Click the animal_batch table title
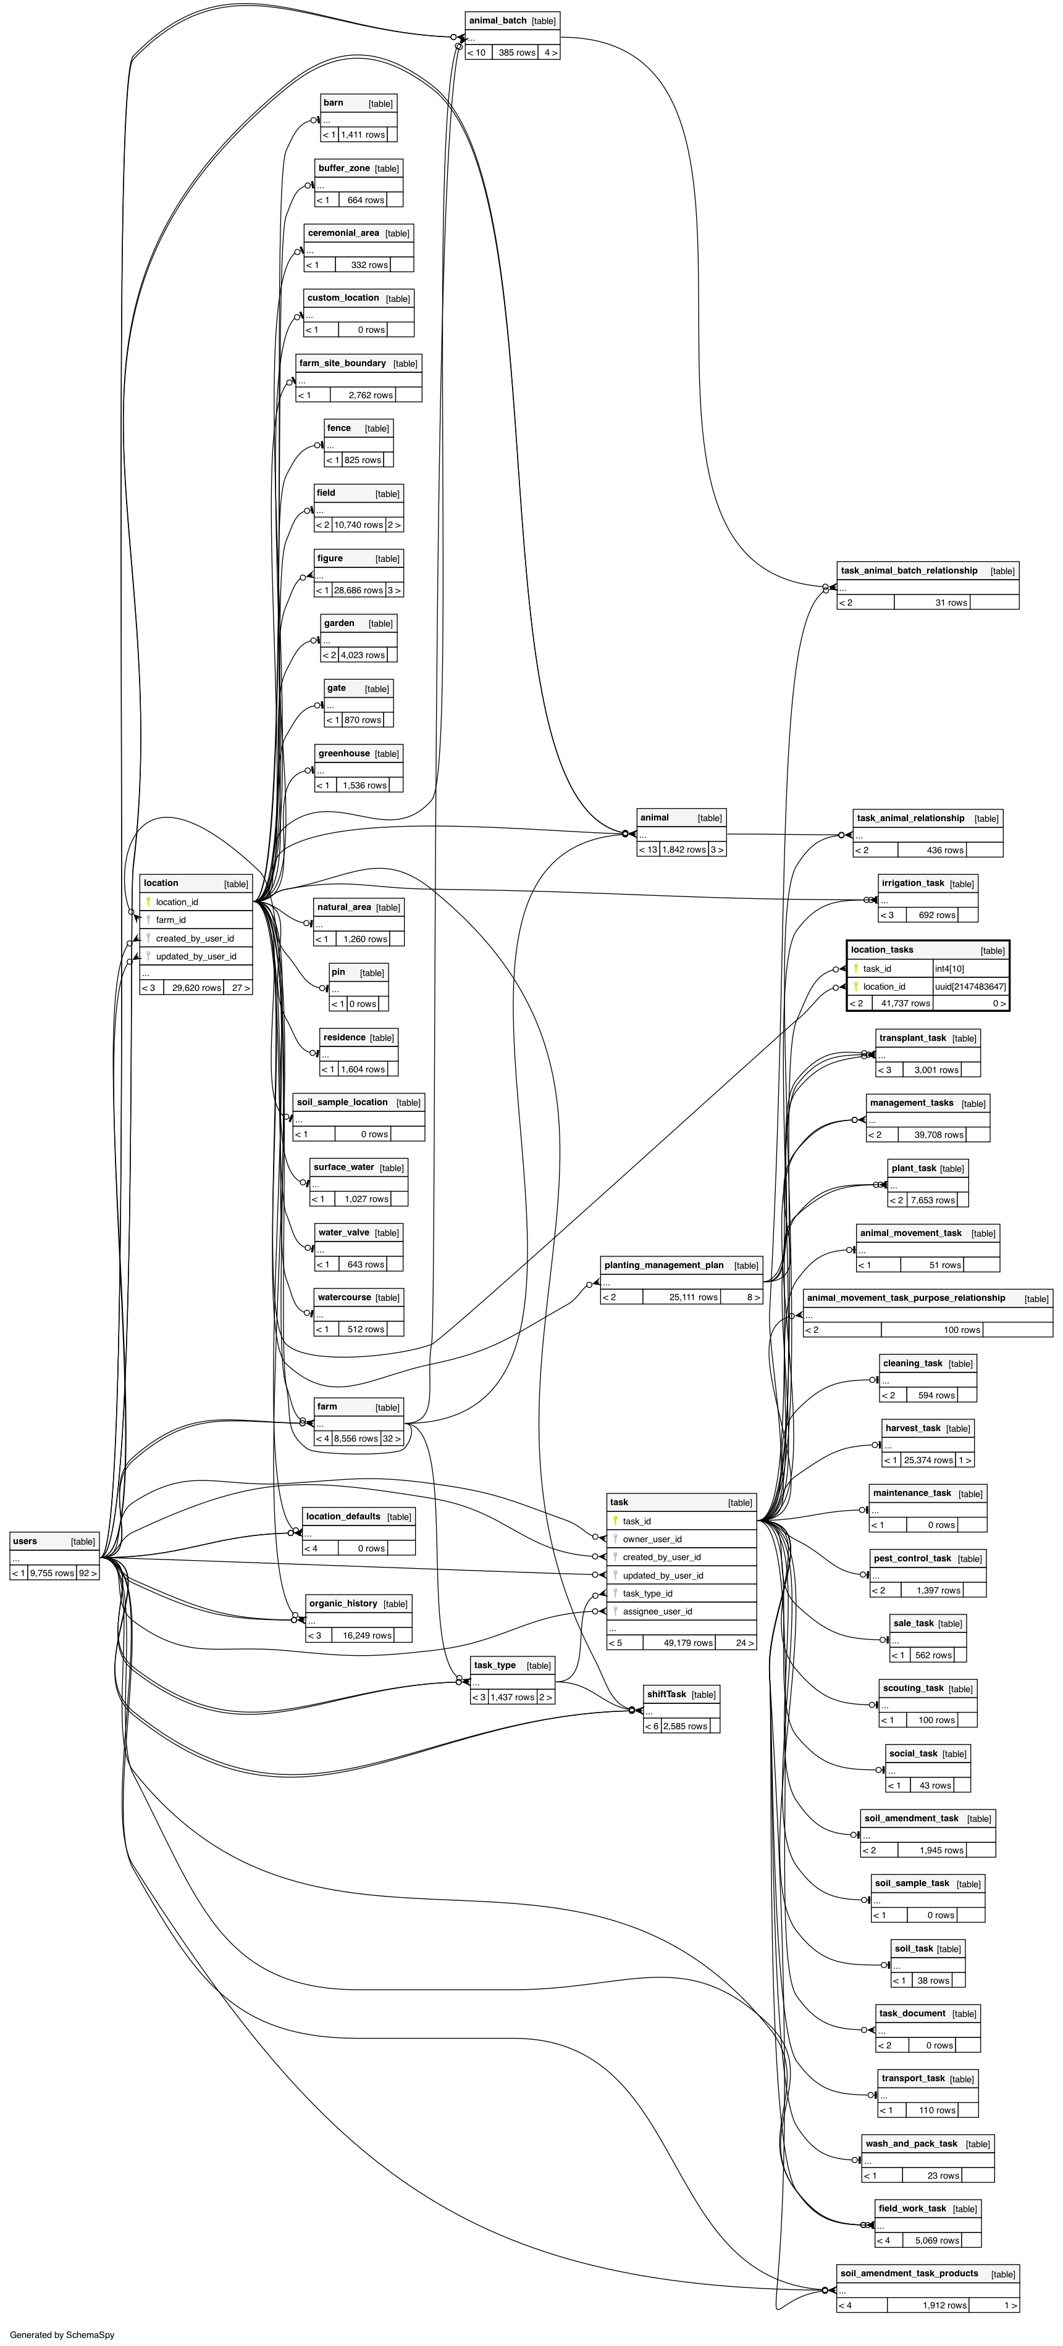[497, 20]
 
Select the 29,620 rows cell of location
[196, 987]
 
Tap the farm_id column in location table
[170, 920]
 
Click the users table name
[25, 1541]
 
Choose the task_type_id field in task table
[648, 1593]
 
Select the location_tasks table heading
[882, 950]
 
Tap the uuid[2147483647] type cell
[970, 987]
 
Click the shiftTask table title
[666, 1694]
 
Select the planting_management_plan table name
[663, 1265]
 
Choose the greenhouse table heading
[343, 753]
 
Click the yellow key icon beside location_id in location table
[148, 901]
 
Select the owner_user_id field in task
[652, 1539]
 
